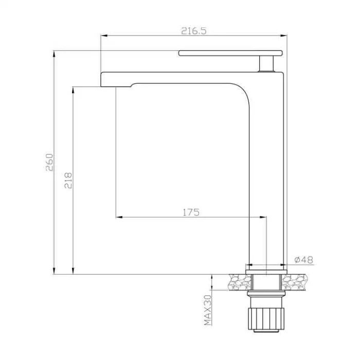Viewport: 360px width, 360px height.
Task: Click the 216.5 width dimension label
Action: (194, 31)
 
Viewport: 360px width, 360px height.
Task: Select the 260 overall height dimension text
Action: (49, 163)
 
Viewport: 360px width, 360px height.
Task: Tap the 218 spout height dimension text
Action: (68, 181)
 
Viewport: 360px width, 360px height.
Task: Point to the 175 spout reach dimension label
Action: (191, 212)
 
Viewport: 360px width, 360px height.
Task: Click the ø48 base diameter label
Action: (304, 260)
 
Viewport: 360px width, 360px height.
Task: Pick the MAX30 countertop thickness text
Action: (208, 310)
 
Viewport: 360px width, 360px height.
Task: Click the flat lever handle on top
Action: (230, 53)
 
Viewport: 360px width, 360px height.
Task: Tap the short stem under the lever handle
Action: (266, 64)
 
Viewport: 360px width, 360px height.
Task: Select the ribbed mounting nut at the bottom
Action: (266, 319)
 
